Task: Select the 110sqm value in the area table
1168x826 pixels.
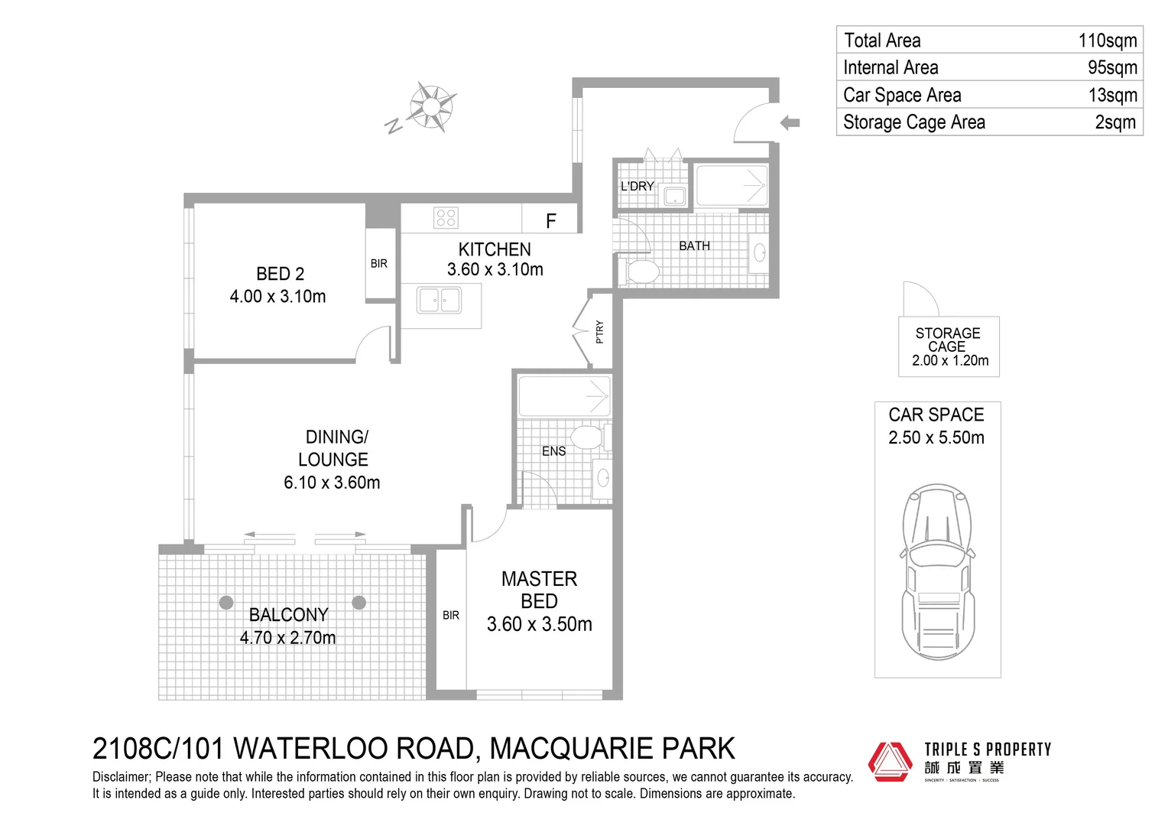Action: click(x=1107, y=41)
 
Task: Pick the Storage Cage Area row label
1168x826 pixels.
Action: click(x=913, y=122)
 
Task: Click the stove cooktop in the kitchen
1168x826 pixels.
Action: click(x=446, y=218)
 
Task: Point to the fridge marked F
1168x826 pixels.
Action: click(x=550, y=221)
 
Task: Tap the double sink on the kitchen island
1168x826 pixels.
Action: click(x=439, y=300)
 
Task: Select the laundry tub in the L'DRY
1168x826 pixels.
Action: click(x=675, y=197)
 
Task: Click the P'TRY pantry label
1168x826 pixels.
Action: click(x=599, y=331)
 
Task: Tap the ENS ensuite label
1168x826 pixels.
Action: click(x=553, y=451)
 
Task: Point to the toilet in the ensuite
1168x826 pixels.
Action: click(x=589, y=437)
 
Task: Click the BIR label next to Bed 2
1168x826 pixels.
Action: click(x=379, y=264)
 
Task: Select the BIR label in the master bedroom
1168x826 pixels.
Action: click(x=451, y=615)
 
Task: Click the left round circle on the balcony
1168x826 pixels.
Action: click(x=226, y=603)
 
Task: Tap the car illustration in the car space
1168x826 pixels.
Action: click(x=937, y=570)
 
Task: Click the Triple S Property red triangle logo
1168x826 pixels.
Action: click(x=890, y=762)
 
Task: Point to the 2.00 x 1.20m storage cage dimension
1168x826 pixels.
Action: click(x=949, y=361)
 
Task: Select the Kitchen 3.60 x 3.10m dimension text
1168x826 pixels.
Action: click(x=495, y=270)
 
